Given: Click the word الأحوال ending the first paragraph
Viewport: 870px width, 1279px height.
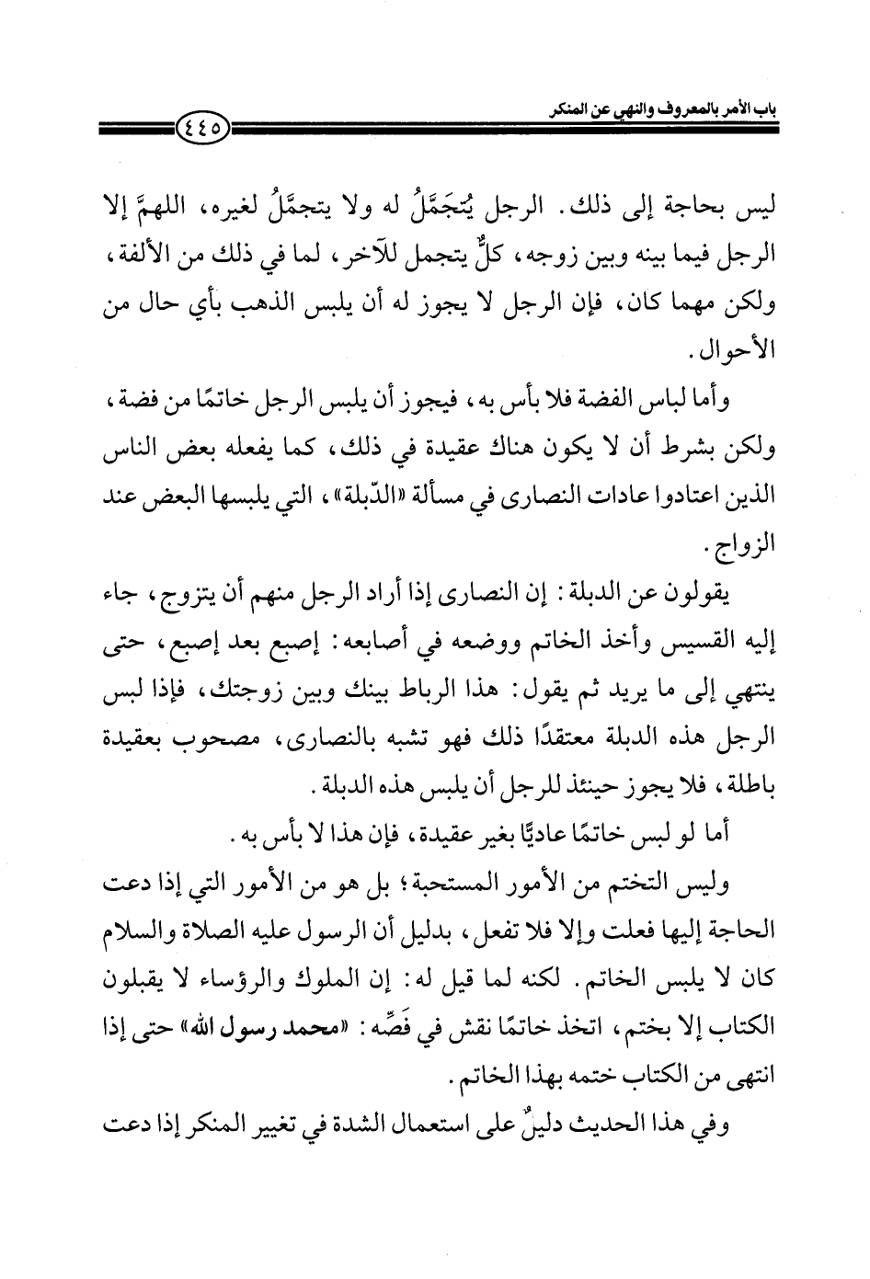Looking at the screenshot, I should point(739,354).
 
